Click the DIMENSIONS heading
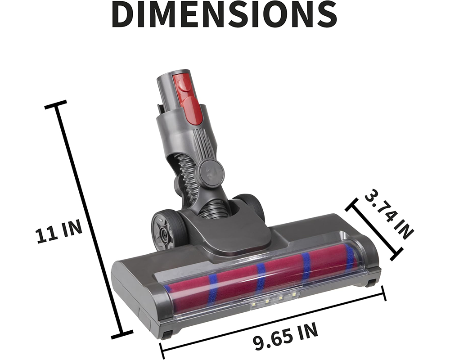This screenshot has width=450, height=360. point(225,14)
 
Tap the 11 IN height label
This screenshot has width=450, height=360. point(59,233)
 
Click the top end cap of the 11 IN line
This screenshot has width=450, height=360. point(56,105)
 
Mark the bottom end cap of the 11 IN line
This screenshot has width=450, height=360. point(121,335)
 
